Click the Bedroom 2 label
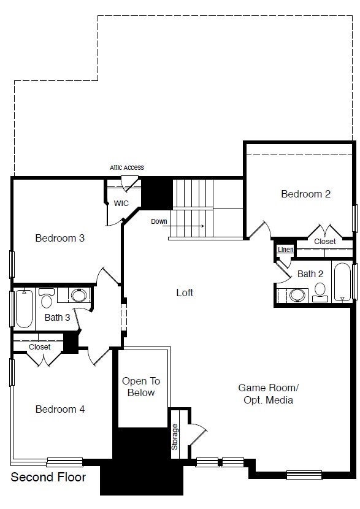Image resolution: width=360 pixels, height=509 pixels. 305,194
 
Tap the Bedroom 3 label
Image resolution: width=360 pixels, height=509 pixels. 59,238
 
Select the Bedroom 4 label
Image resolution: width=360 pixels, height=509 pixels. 59,409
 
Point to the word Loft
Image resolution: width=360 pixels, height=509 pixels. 185,293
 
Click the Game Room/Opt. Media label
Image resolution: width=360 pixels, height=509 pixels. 268,394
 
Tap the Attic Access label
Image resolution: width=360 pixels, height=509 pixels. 127,167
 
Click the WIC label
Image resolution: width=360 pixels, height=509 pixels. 121,203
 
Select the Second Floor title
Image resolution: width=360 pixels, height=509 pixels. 48,476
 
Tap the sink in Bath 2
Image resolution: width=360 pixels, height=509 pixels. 297,296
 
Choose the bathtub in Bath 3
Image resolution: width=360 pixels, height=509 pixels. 24,308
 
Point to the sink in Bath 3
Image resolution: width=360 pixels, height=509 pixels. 79,296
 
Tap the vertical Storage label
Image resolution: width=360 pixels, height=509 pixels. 175,437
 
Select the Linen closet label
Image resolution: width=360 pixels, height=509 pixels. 285,250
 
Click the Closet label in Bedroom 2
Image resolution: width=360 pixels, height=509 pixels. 324,242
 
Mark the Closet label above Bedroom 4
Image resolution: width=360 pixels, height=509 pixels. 40,347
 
